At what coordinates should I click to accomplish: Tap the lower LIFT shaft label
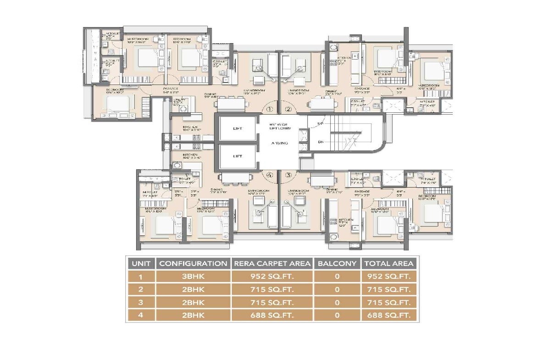[x=237, y=156]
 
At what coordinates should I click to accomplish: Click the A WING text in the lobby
[x=279, y=143]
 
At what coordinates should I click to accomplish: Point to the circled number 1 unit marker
[x=270, y=109]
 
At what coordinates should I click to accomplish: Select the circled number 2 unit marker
[x=288, y=109]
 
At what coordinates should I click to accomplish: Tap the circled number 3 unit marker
[x=288, y=175]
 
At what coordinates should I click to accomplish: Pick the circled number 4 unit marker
[x=270, y=175]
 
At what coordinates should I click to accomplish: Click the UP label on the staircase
[x=320, y=124]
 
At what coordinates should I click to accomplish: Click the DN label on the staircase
[x=320, y=142]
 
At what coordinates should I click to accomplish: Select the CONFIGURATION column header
[x=193, y=263]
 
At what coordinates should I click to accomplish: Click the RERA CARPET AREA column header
[x=272, y=263]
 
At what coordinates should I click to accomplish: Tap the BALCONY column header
[x=337, y=263]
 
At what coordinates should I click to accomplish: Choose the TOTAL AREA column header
[x=388, y=263]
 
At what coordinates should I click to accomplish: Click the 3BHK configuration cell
[x=193, y=277]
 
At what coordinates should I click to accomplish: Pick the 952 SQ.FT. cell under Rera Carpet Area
[x=272, y=277]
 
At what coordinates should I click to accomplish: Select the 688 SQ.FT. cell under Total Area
[x=388, y=315]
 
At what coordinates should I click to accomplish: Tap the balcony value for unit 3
[x=337, y=302]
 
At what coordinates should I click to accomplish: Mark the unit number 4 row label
[x=141, y=315]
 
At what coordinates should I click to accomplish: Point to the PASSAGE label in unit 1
[x=171, y=89]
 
